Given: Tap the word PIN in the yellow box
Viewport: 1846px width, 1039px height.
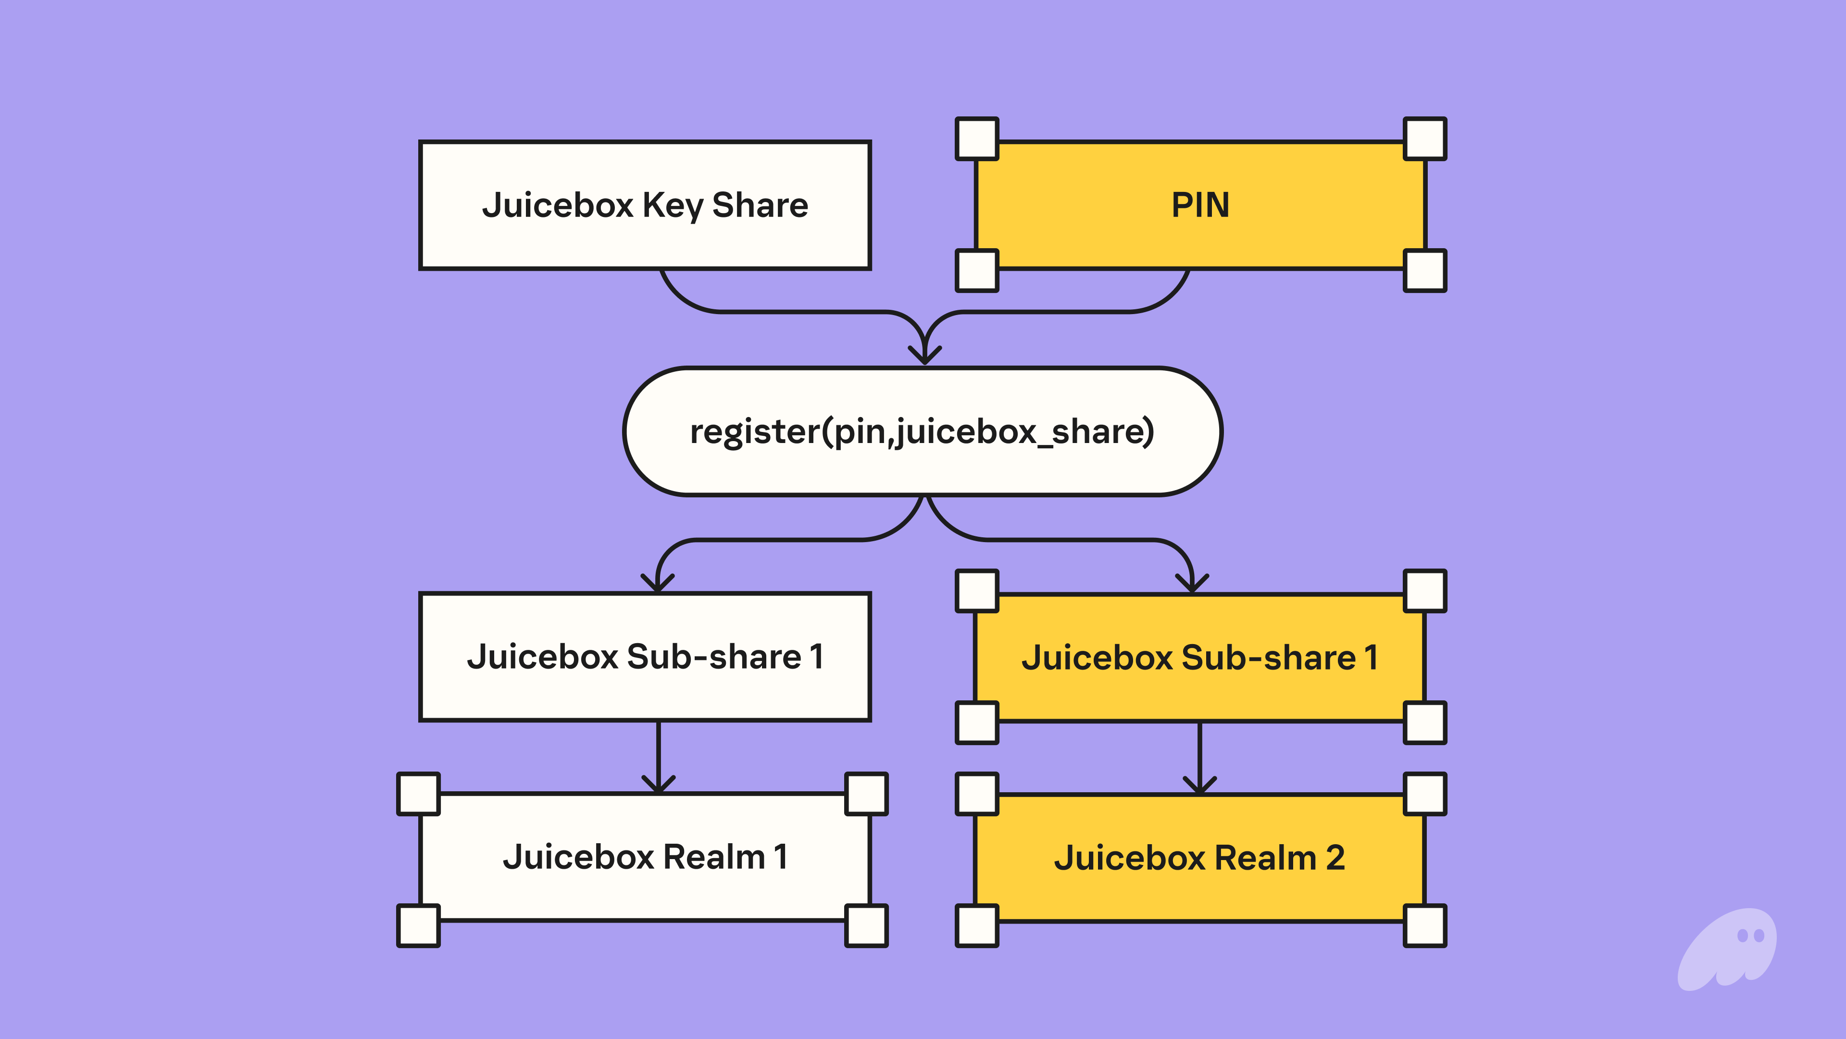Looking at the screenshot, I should (x=1200, y=205).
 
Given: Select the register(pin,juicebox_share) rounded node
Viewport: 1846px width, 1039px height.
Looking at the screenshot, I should (x=923, y=431).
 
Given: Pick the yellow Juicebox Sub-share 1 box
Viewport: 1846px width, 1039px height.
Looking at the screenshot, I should (x=1200, y=657).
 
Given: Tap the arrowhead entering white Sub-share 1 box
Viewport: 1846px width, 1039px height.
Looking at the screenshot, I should (x=658, y=583).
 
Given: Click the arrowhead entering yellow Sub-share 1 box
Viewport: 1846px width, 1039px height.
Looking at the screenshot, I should (x=1192, y=583).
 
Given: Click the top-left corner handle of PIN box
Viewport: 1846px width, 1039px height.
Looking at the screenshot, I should (x=977, y=139).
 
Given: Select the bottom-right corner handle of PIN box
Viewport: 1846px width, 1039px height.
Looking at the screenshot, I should (x=1424, y=270).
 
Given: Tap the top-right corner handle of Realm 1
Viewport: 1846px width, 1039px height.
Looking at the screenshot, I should (x=866, y=794).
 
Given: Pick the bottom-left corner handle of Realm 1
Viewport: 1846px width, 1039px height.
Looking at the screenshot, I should (x=419, y=925).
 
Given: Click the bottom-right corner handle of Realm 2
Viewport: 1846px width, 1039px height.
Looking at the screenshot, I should (x=1424, y=925).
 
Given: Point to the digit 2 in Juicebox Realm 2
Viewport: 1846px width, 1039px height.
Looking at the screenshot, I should (x=1335, y=858).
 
